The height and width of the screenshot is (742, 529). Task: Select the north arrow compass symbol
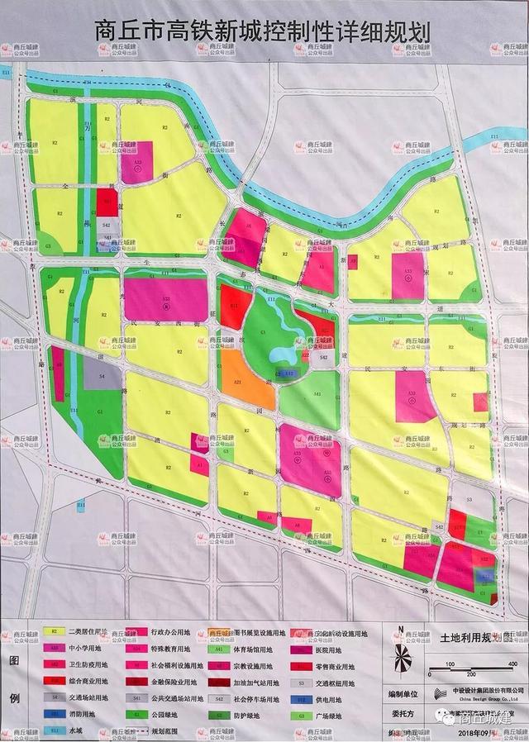[x=403, y=660]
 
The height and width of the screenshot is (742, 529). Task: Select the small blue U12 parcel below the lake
[x=290, y=374]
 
